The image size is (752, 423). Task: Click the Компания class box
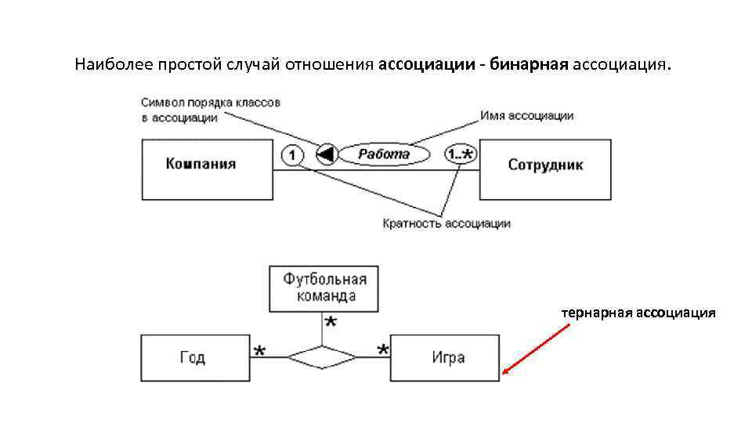[207, 168]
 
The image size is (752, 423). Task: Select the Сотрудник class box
[545, 168]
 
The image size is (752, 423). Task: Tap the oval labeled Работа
[384, 154]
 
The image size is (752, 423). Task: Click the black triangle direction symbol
[325, 155]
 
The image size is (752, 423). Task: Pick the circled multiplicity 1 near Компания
[291, 155]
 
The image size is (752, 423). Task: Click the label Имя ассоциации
[527, 115]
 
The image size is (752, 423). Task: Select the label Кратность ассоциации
[446, 223]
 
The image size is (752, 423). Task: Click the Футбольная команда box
[323, 288]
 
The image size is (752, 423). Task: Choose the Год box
[193, 357]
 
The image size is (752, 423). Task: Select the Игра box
[445, 357]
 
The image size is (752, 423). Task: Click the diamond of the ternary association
[322, 357]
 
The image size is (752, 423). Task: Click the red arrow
[537, 349]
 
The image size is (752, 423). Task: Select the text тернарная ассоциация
[638, 313]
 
